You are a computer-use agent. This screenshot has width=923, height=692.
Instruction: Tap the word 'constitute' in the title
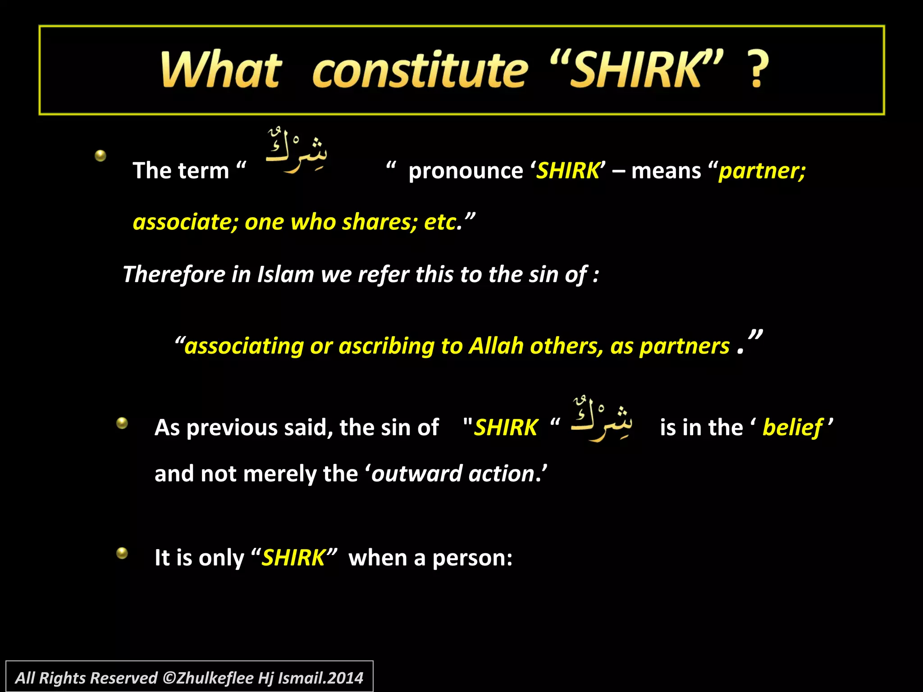tap(420, 71)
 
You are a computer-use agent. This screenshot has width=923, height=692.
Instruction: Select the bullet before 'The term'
tap(101, 156)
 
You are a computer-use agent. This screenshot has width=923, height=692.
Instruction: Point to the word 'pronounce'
tap(466, 171)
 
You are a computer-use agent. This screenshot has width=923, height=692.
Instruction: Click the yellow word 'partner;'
tap(762, 171)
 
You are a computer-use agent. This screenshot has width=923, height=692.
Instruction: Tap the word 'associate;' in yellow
tap(185, 222)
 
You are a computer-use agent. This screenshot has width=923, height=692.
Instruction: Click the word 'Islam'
tap(285, 274)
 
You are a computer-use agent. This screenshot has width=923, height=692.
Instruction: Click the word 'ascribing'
tap(386, 346)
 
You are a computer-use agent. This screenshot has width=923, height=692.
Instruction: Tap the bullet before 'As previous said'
tap(122, 423)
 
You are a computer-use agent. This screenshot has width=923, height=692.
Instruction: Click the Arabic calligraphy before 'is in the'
tap(602, 419)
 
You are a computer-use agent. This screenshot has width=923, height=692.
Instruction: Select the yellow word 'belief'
tap(792, 428)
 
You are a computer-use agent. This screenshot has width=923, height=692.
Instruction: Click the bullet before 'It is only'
tap(122, 553)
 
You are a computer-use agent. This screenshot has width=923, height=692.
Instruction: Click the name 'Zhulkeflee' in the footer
tap(215, 678)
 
